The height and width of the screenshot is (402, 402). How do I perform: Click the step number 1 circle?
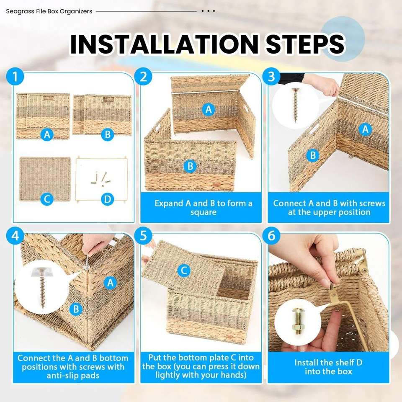click(x=15, y=76)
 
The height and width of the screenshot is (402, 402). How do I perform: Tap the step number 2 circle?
click(x=143, y=76)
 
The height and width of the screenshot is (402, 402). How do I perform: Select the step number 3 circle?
click(x=271, y=76)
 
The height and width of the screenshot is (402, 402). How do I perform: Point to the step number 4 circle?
click(x=15, y=236)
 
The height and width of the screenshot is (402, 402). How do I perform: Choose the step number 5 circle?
click(x=143, y=236)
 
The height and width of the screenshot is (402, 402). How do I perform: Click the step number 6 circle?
click(x=271, y=236)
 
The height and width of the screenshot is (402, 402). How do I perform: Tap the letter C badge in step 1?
click(x=47, y=199)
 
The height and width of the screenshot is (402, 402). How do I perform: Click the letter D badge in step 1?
click(x=108, y=199)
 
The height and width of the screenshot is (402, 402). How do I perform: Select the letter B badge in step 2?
click(x=190, y=166)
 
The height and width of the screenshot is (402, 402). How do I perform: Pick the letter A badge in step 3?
click(x=365, y=129)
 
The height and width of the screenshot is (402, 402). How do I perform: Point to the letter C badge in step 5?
click(x=184, y=271)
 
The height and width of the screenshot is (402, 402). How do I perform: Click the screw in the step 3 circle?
click(x=295, y=105)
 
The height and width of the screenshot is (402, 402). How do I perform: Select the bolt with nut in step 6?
click(x=297, y=322)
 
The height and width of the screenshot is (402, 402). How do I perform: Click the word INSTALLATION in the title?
click(x=164, y=44)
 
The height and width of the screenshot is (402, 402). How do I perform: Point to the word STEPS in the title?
click(x=305, y=44)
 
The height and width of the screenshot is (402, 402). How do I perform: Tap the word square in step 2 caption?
click(x=204, y=213)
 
